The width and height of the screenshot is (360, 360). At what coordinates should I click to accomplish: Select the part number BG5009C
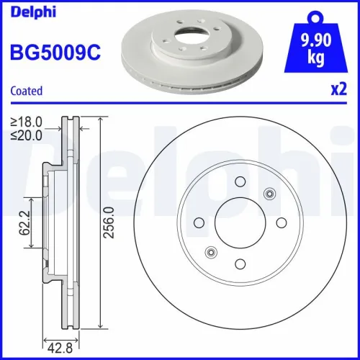(x=53, y=53)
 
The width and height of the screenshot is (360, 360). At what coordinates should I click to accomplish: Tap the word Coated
(x=26, y=91)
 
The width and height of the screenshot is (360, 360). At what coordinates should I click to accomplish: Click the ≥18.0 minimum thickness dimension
(x=27, y=122)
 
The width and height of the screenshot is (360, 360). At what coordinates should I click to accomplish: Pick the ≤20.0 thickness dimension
(x=27, y=134)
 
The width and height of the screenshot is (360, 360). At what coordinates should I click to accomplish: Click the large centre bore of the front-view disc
(x=240, y=222)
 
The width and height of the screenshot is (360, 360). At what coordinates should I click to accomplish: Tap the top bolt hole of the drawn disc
(x=240, y=181)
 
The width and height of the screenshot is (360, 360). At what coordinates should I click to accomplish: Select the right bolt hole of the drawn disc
(x=282, y=222)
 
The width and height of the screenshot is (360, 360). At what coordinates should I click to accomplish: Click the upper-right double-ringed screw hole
(x=270, y=193)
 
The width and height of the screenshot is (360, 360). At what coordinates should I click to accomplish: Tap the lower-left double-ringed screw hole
(x=212, y=251)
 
